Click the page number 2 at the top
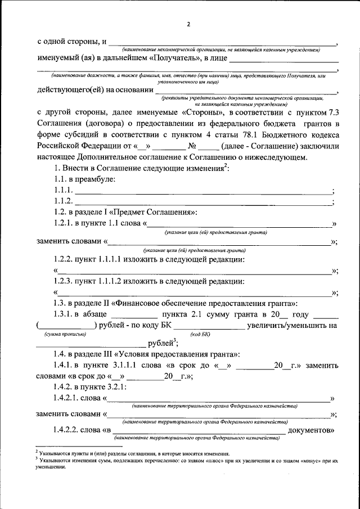pos(189,23)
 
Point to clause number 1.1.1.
pos(63,191)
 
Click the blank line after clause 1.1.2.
pos(202,201)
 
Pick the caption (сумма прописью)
pos(65,335)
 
